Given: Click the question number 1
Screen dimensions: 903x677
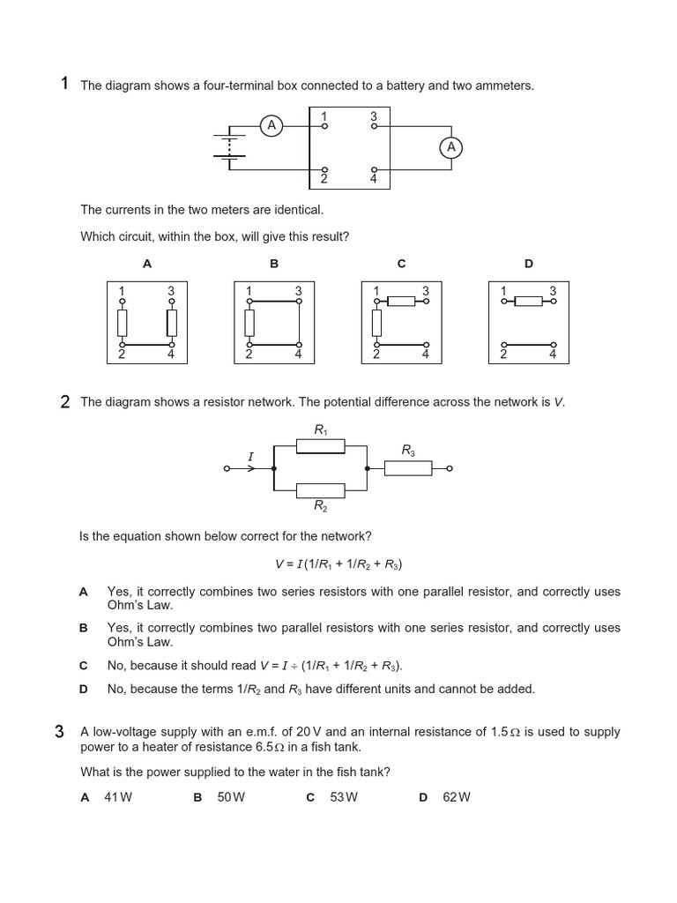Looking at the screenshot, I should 64,84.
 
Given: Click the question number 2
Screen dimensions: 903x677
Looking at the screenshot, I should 64,402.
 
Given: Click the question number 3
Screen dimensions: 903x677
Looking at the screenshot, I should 60,731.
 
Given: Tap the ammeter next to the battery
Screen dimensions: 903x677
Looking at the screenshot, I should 272,126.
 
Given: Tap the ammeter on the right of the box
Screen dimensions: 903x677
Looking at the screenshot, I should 451,147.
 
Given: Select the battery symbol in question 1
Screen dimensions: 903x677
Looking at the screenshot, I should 229,146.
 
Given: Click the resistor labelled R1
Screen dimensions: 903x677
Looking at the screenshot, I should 320,446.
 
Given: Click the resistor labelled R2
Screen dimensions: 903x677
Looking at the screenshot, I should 320,490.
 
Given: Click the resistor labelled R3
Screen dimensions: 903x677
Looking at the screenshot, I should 408,468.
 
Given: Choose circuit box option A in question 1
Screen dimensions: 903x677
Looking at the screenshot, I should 147,323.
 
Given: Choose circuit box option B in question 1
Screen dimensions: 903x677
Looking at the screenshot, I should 274,323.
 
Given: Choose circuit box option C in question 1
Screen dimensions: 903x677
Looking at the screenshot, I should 401,323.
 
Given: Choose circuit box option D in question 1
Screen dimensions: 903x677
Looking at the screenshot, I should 529,323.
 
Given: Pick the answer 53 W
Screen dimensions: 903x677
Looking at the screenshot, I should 344,797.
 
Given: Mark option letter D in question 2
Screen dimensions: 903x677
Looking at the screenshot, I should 84,689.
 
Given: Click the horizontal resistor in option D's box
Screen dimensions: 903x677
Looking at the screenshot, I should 529,302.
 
